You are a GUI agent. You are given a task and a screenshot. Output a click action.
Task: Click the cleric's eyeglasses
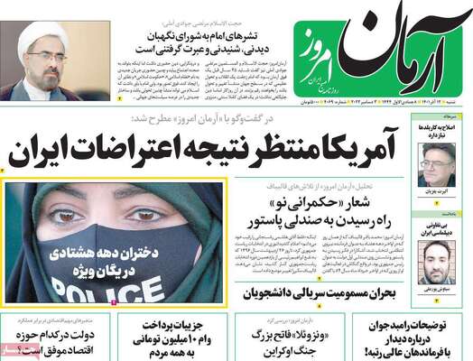pyautogui.click(x=46, y=55)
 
